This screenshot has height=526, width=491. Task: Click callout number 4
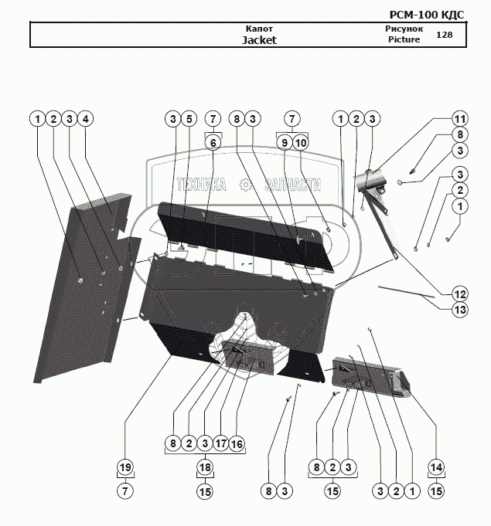pos(85,119)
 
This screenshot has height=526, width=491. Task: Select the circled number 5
pos(189,119)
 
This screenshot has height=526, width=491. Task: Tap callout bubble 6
pos(213,143)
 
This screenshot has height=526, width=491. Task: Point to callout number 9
pos(285,143)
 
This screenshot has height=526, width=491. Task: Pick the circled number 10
pos(301,143)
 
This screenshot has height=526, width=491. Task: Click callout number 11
pos(460,119)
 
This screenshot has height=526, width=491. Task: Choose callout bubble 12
pos(460,294)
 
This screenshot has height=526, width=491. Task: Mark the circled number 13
pos(460,310)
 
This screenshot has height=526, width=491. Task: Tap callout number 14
pos(436,467)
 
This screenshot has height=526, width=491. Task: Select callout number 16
pos(237,443)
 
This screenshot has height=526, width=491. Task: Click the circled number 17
pos(221,443)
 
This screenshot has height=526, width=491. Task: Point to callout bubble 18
pos(205,467)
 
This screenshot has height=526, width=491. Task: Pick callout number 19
pos(125,467)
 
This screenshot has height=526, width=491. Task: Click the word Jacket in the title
pos(259,40)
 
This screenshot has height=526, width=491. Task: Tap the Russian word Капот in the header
pos(259,29)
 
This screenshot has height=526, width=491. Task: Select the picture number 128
pos(445,35)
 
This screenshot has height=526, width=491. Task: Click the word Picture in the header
pos(404,39)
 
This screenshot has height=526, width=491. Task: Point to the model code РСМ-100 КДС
pos(427,15)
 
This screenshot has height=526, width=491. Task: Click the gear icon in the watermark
pos(246,185)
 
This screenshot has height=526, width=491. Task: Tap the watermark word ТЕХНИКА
pos(201,185)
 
